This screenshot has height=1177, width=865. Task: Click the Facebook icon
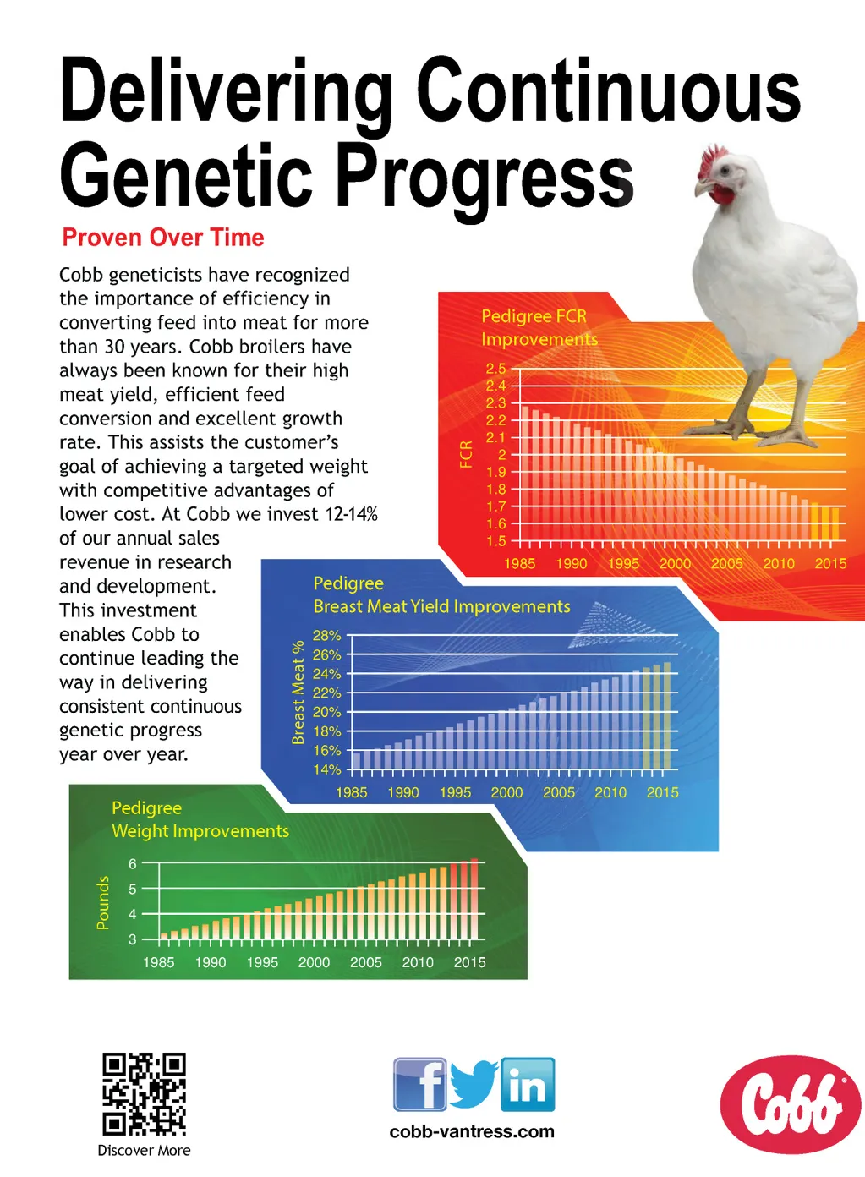(420, 1084)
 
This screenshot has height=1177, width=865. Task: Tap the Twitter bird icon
(474, 1085)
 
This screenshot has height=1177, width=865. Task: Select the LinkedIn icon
(528, 1084)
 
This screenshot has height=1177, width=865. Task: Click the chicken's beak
(702, 188)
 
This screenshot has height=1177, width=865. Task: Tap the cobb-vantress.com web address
(472, 1131)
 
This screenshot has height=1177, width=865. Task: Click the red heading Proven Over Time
(163, 237)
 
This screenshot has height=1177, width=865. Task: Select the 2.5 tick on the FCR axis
(495, 369)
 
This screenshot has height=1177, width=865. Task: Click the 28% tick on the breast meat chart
(327, 636)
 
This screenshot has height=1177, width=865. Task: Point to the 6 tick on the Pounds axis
(133, 864)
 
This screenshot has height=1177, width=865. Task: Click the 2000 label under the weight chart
(314, 962)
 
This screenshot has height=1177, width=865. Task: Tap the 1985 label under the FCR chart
(520, 564)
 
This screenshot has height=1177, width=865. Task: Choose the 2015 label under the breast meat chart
(663, 792)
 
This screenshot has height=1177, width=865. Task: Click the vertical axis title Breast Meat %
(298, 692)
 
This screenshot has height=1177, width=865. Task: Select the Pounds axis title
(103, 902)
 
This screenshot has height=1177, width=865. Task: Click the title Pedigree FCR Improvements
(539, 327)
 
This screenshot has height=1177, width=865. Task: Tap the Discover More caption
(144, 1150)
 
